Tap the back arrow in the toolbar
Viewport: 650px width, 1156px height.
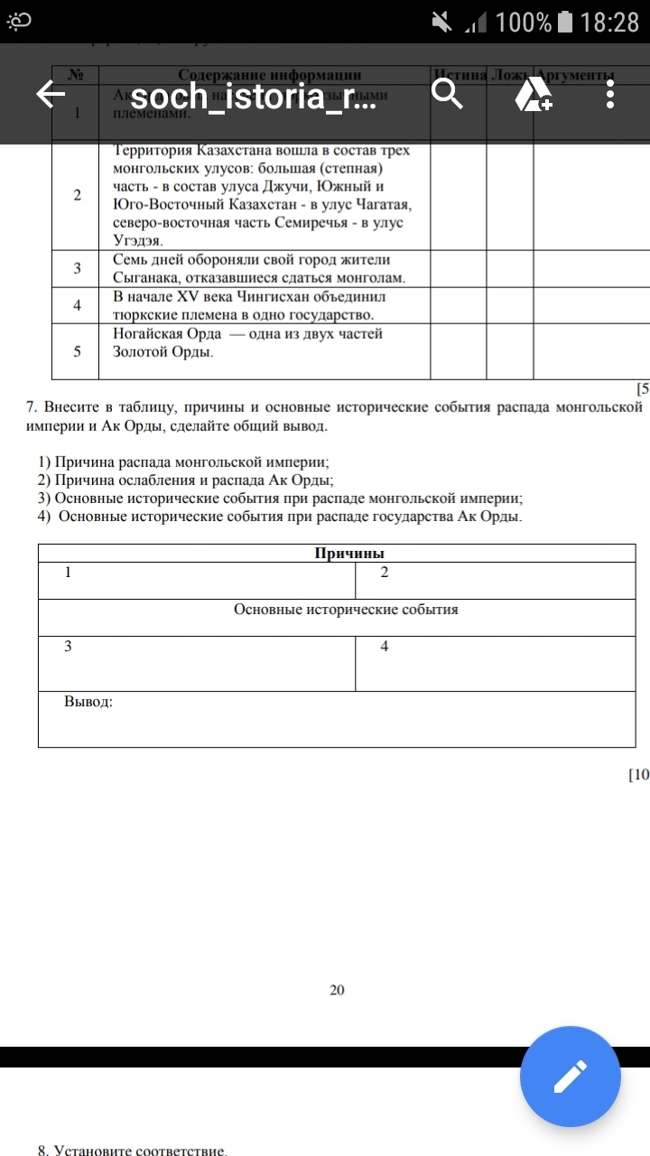click(51, 94)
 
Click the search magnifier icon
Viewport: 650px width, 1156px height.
click(447, 93)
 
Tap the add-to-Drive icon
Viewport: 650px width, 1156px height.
click(533, 94)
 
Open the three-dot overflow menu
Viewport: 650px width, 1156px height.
click(611, 94)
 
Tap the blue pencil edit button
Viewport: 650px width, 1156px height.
click(571, 1077)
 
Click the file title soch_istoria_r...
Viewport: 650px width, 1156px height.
click(252, 96)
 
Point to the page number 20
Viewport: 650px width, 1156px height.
click(337, 990)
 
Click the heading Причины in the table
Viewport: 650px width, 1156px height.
click(337, 554)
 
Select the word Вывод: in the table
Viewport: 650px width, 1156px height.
click(88, 701)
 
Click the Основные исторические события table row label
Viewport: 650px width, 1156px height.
click(346, 610)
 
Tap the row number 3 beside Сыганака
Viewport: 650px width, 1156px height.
click(77, 268)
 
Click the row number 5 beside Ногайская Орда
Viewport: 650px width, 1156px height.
click(77, 351)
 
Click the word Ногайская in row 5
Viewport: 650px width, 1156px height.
click(145, 333)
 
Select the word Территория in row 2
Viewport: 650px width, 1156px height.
click(150, 150)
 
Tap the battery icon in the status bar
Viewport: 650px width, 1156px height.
click(565, 22)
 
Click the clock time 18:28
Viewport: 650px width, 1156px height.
click(609, 22)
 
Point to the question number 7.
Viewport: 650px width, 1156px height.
click(32, 407)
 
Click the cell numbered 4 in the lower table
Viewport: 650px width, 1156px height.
click(385, 647)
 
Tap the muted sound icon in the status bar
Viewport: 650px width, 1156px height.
click(442, 22)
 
